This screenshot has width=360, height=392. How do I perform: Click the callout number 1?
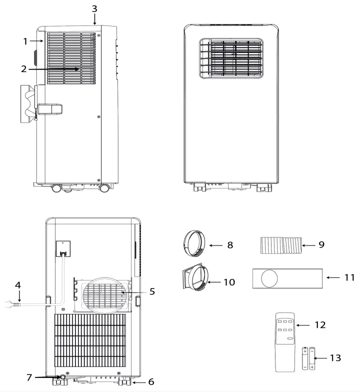click(x=25, y=42)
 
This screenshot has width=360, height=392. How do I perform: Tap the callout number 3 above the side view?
click(x=95, y=9)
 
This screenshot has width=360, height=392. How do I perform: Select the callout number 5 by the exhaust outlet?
click(x=151, y=291)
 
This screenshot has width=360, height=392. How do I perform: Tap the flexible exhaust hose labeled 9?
click(x=281, y=245)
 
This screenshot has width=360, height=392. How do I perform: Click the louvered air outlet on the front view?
click(x=230, y=57)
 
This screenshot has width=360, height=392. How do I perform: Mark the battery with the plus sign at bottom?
click(x=312, y=357)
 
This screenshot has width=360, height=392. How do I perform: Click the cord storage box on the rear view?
click(x=62, y=248)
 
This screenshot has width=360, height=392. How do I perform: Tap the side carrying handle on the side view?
click(x=50, y=108)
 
